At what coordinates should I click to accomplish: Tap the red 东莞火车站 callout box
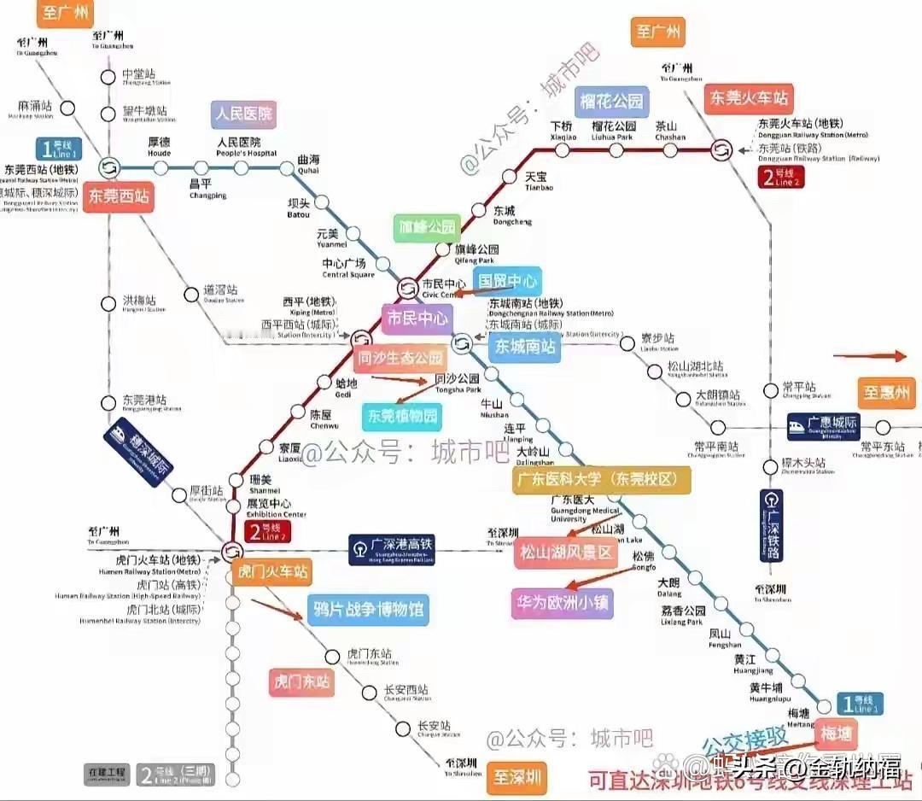pyautogui.click(x=749, y=97)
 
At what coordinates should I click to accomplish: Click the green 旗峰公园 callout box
pyautogui.click(x=427, y=228)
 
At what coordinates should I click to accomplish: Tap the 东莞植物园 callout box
pyautogui.click(x=402, y=417)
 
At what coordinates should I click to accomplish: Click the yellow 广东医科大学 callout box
pyautogui.click(x=602, y=479)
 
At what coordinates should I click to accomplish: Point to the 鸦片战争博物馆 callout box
pyautogui.click(x=368, y=610)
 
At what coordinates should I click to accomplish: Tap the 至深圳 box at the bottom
pyautogui.click(x=516, y=779)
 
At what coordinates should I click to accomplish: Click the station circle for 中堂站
pyautogui.click(x=108, y=78)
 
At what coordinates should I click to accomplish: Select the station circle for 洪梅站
pyautogui.click(x=108, y=303)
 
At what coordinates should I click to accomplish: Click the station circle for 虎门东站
pyautogui.click(x=333, y=657)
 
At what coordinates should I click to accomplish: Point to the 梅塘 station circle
pyautogui.click(x=824, y=706)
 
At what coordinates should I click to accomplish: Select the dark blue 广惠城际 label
pyautogui.click(x=823, y=425)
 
